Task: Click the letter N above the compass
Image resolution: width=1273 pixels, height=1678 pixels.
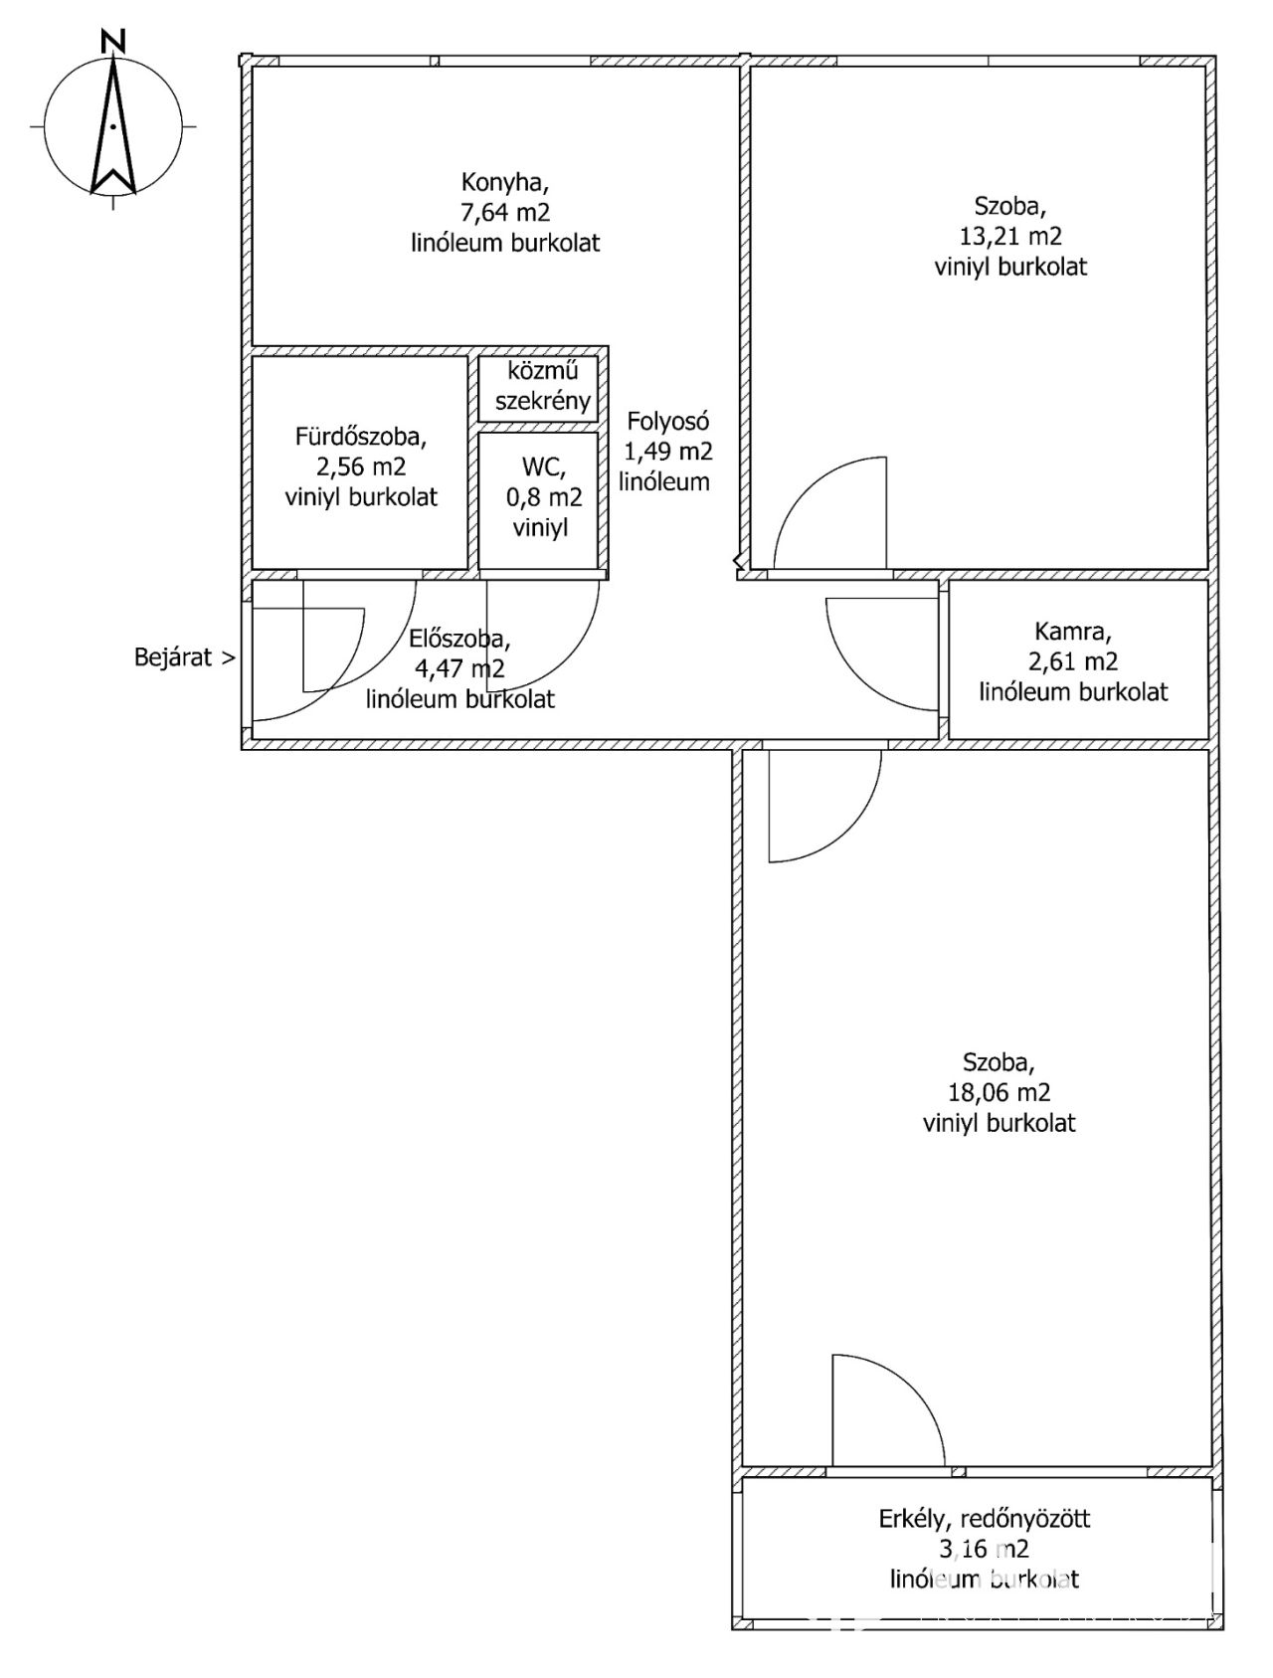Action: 114,41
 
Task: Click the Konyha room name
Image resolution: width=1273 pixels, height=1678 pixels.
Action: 504,182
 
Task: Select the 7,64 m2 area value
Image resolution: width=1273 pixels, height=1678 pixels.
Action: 505,212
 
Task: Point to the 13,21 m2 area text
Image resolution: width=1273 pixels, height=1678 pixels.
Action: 1010,237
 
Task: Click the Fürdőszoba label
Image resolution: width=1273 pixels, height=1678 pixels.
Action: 360,436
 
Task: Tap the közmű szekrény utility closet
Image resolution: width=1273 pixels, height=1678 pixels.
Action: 542,387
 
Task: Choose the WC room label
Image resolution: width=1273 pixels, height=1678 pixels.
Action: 543,466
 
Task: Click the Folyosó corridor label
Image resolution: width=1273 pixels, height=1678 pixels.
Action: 667,421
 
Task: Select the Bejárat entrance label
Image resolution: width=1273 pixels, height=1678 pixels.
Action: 185,657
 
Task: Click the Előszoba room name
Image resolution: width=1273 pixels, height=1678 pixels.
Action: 459,639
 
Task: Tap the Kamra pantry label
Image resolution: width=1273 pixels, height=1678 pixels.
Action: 1072,631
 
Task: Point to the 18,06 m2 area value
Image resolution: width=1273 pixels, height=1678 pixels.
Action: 999,1092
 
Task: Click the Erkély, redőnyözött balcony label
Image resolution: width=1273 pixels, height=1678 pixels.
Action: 984,1519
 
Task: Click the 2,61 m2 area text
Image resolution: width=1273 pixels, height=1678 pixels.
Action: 1073,661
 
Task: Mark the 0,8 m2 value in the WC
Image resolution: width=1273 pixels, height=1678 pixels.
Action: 543,496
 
